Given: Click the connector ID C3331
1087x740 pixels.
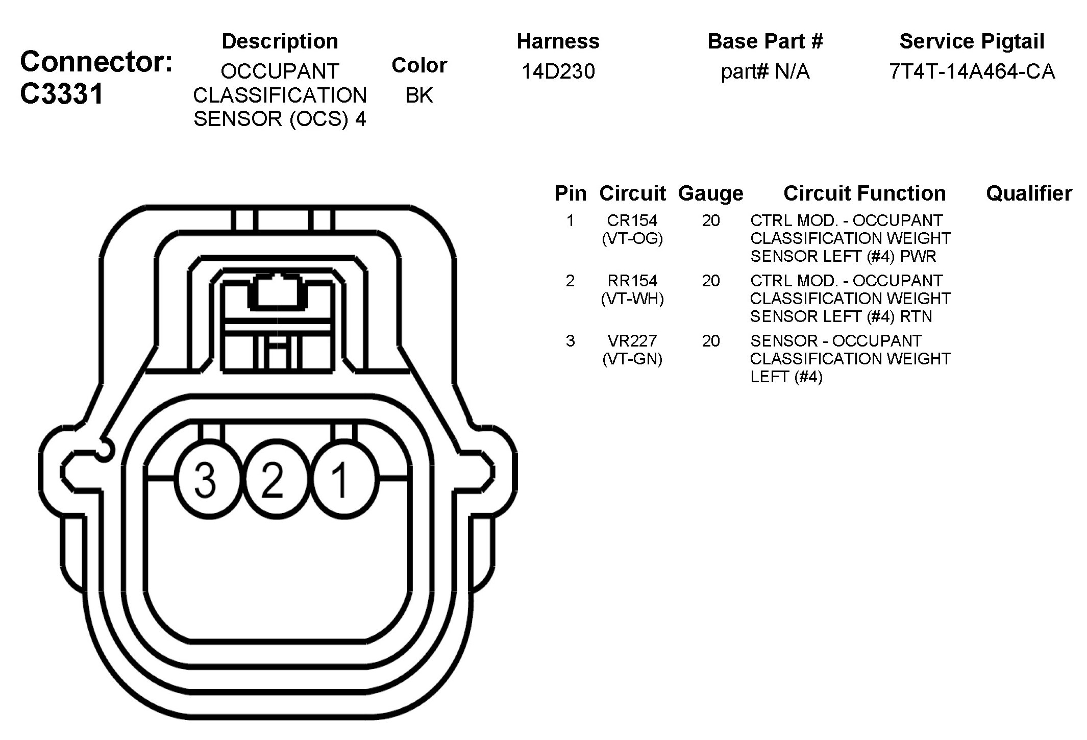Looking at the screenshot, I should tap(62, 94).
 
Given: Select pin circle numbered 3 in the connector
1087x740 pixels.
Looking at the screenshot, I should tap(206, 480).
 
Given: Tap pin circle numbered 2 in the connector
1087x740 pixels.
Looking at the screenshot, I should tap(273, 480).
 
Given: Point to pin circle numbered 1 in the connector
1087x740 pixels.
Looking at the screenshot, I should tap(340, 480).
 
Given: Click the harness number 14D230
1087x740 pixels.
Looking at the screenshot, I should tap(558, 71).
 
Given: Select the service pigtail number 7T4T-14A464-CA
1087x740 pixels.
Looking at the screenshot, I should tap(972, 71).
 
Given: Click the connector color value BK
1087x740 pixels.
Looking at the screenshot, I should tap(419, 95).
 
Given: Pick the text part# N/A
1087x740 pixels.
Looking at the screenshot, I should tap(765, 71).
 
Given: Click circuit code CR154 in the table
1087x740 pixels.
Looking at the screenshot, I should tap(632, 220).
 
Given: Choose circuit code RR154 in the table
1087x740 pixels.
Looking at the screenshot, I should tap(632, 281).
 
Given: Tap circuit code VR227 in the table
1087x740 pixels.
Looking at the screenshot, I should tap(632, 341).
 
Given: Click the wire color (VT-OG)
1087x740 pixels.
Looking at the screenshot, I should tap(632, 238).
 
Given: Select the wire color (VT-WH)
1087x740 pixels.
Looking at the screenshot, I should tap(632, 299).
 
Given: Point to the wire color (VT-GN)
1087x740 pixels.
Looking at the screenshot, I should tap(632, 359).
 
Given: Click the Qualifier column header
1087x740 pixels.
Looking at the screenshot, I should tap(1028, 193).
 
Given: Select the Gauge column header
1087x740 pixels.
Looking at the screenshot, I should tap(710, 193).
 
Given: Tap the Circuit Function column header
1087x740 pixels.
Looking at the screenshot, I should tap(864, 193).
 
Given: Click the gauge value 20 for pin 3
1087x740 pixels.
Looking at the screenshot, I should tap(710, 341).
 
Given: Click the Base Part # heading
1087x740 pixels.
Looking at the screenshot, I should tap(765, 41).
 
